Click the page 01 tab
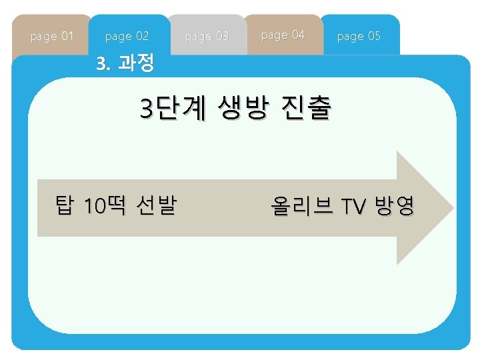[x=52, y=36]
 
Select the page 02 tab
[x=127, y=36]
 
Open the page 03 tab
[x=207, y=36]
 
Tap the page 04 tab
[x=283, y=35]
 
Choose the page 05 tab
[x=359, y=36]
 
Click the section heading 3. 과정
[x=125, y=64]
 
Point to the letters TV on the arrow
[x=353, y=207]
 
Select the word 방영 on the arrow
[x=394, y=207]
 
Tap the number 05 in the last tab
[x=374, y=36]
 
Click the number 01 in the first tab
[x=67, y=36]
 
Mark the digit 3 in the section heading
[x=101, y=64]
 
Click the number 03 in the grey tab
[x=221, y=36]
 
